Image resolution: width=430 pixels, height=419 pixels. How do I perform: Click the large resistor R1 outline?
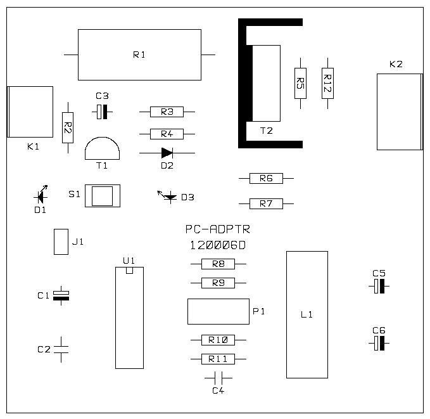139,55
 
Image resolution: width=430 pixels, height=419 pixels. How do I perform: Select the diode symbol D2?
167,153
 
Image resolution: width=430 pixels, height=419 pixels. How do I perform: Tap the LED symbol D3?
168,197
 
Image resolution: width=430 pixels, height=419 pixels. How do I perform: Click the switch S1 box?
102,196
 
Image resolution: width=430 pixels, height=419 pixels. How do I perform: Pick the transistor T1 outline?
102,150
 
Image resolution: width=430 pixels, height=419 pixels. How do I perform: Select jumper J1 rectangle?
61,242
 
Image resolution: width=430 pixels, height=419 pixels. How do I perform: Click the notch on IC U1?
129,271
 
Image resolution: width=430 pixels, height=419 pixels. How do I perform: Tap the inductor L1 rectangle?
307,314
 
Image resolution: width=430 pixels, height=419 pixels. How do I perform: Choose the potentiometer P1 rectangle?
218,311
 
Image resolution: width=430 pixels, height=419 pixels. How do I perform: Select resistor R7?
266,203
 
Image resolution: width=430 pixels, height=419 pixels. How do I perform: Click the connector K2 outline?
399,112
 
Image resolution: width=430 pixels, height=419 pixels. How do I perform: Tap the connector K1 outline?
30,112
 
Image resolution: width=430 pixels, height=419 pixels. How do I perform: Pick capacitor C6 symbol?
379,344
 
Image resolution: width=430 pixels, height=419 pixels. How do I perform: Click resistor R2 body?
68,127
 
